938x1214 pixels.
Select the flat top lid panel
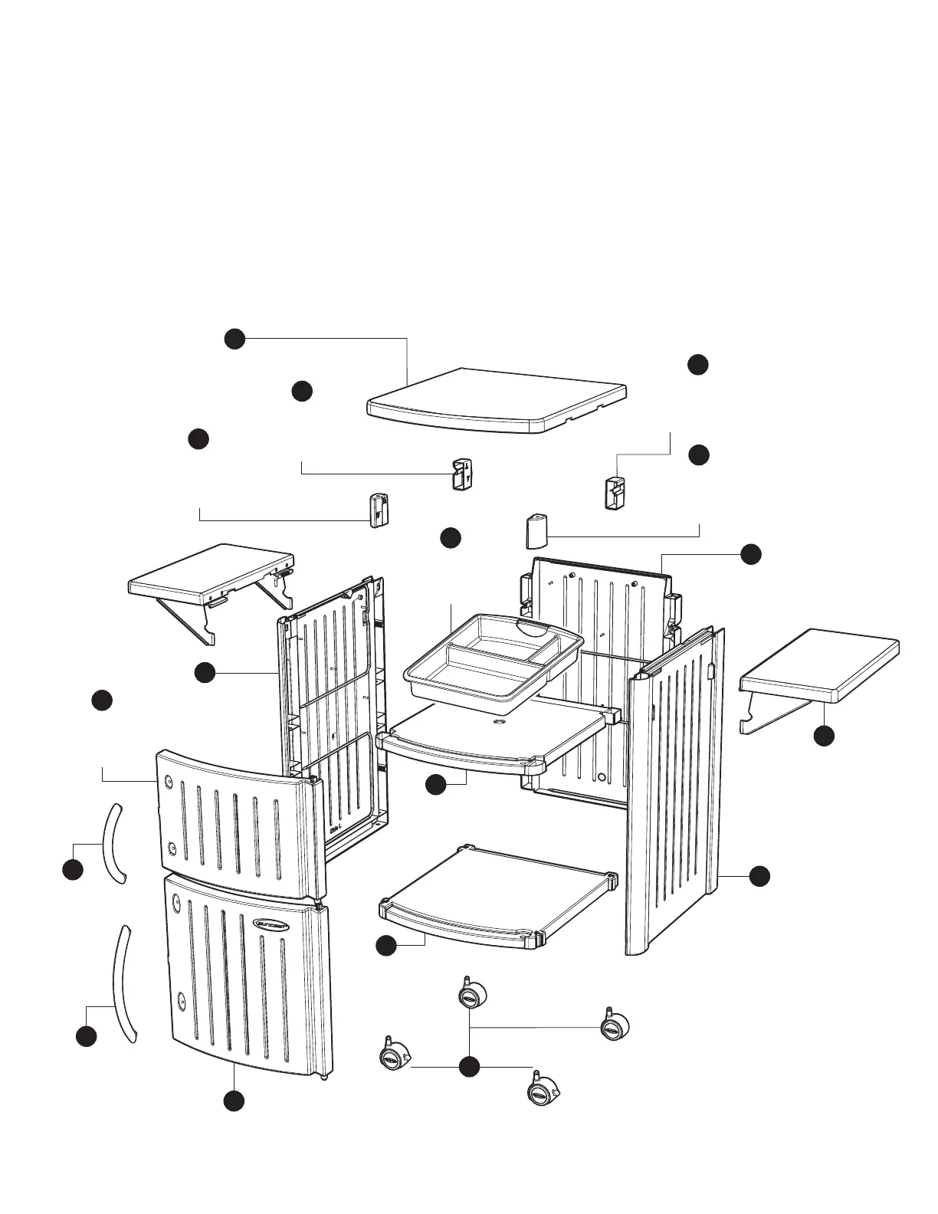coord(498,399)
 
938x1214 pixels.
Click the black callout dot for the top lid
coord(235,339)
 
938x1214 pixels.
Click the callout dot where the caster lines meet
coord(469,1066)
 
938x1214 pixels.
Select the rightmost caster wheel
coord(614,1026)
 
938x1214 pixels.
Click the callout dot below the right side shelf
coord(824,736)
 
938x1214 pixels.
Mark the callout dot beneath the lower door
coord(234,1101)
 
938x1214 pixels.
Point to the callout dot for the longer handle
coord(86,1036)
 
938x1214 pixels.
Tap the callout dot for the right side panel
coord(759,876)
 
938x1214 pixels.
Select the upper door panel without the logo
coord(234,824)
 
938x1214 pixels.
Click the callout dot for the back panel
coord(750,554)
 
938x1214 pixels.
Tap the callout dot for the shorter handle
coord(72,870)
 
